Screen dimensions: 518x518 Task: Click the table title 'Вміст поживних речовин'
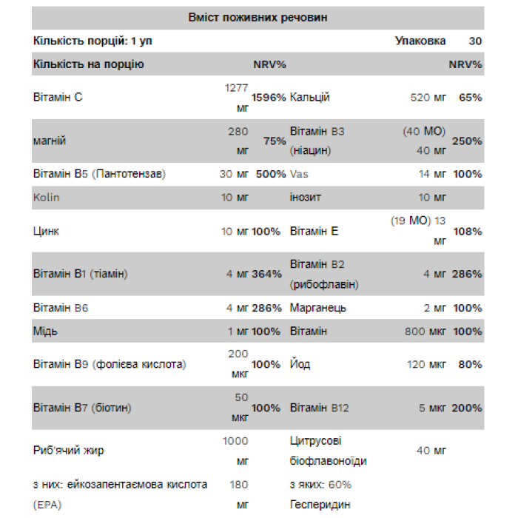click(x=258, y=17)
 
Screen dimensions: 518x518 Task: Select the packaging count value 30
click(x=474, y=41)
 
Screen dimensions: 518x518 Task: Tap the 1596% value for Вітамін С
click(x=268, y=98)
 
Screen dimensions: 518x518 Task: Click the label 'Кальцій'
click(x=310, y=98)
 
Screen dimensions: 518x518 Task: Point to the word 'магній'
click(x=50, y=141)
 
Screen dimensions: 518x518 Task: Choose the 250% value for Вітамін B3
click(x=467, y=141)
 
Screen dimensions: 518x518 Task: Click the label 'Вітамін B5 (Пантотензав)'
click(x=99, y=174)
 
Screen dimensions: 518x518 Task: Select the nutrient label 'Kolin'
click(x=47, y=198)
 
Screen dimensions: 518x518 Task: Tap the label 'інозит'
click(x=306, y=198)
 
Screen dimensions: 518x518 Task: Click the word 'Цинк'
click(x=46, y=231)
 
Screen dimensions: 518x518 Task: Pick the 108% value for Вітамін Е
click(x=467, y=231)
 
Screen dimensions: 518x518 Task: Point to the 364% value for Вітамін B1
click(x=266, y=274)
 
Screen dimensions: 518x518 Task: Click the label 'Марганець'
click(x=318, y=307)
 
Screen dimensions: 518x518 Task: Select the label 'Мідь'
click(x=44, y=331)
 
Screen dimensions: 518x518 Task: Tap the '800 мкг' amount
click(x=425, y=331)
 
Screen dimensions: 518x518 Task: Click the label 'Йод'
click(x=300, y=364)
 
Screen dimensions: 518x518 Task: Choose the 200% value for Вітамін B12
click(x=467, y=408)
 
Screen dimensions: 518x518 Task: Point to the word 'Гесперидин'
click(x=320, y=504)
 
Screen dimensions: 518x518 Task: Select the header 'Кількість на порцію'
click(x=88, y=64)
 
